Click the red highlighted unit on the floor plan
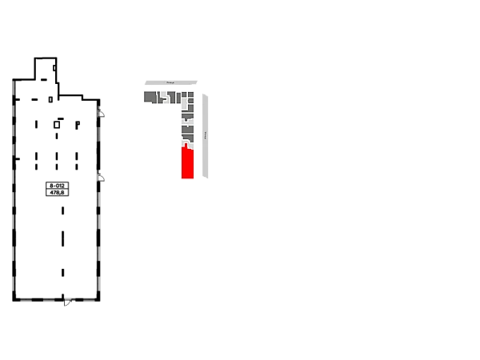(x=187, y=162)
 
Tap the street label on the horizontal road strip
(x=170, y=82)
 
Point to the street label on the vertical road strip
(x=205, y=134)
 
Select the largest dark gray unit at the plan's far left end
(x=150, y=97)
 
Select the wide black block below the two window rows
(x=58, y=189)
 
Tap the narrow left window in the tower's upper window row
(x=35, y=125)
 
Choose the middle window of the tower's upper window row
(x=58, y=126)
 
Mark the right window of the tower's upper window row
(x=77, y=125)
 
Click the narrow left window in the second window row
(x=35, y=159)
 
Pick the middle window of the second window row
(x=58, y=159)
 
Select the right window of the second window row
(x=77, y=159)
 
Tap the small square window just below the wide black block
(x=64, y=211)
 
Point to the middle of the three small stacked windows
(x=64, y=240)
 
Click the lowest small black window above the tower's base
(x=64, y=275)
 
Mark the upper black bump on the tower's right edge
(x=105, y=115)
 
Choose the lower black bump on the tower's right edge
(x=105, y=179)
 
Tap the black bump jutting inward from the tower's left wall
(x=22, y=160)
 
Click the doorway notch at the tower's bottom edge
(x=64, y=292)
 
